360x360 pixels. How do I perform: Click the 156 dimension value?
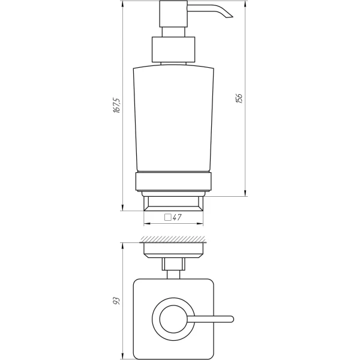point(239,98)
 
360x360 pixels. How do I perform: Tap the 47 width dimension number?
point(178,218)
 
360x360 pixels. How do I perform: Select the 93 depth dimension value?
point(118,298)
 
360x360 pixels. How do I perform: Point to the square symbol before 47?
point(168,218)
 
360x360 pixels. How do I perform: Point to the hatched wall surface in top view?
point(174,240)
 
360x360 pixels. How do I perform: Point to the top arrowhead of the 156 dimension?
point(246,3)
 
